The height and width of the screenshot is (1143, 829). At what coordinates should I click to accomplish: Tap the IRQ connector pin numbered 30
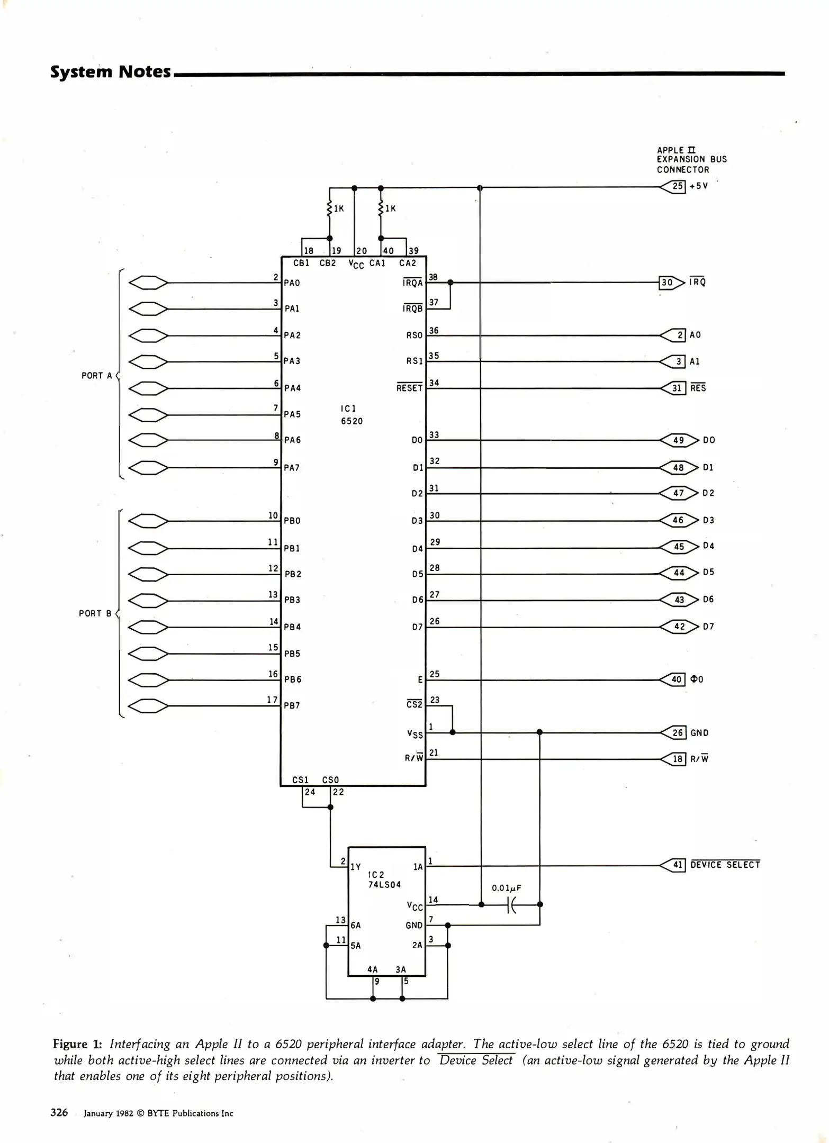pos(671,283)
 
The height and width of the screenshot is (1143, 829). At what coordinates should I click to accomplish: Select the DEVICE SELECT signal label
pos(725,865)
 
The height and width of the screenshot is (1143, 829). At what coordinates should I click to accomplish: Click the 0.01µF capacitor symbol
pos(511,905)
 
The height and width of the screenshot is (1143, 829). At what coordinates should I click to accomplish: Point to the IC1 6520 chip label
pos(352,415)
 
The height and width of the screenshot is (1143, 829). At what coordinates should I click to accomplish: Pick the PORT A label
pos(96,376)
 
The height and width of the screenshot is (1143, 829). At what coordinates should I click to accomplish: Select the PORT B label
pos(95,613)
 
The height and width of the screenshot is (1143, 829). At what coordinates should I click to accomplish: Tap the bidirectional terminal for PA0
pos(148,283)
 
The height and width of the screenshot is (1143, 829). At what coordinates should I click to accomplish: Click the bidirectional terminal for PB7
pos(148,706)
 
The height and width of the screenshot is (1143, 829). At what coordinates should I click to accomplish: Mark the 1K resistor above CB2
pos(330,208)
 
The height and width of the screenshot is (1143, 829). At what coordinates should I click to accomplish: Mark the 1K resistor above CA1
pos(381,208)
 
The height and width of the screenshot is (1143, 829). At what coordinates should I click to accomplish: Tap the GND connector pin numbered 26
pos(674,733)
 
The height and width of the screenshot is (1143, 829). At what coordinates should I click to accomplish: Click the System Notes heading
pos(111,71)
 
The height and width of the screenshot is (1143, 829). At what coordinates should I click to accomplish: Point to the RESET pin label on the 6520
pos(409,388)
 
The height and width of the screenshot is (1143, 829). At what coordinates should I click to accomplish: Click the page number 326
pos(59,1113)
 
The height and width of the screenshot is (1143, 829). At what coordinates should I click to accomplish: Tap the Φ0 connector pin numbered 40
pos(674,679)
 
